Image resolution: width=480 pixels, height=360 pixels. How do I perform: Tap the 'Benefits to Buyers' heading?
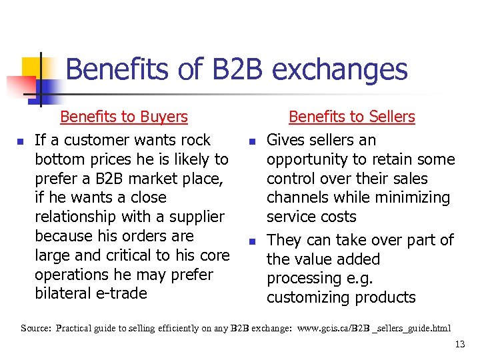coord(124,117)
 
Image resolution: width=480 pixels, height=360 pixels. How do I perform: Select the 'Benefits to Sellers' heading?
coord(351,117)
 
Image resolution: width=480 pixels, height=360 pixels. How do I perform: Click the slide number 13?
coord(459,344)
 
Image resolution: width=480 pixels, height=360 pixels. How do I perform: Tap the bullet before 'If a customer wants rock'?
coord(21,141)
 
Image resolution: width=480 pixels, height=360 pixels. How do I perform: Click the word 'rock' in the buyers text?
coord(194,140)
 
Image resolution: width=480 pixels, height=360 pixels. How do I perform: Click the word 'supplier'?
coord(195,217)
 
